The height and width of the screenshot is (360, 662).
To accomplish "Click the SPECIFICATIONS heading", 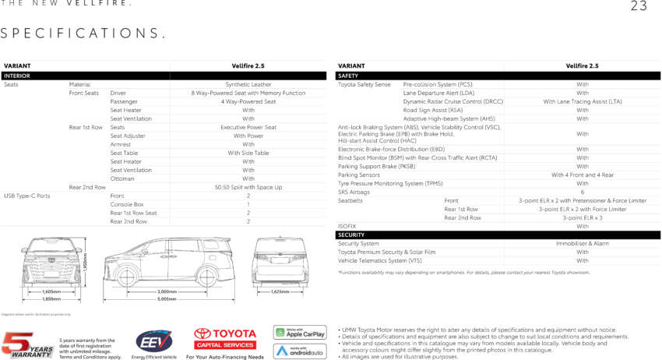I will pyautogui.click(x=83, y=33).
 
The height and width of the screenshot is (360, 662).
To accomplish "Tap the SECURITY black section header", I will pyautogui.click(x=351, y=235).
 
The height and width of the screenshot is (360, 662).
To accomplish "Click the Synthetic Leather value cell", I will pyautogui.click(x=248, y=84).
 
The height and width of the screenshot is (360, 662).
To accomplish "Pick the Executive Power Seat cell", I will pyautogui.click(x=248, y=127).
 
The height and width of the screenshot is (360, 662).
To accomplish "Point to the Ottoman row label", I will pyautogui.click(x=121, y=178).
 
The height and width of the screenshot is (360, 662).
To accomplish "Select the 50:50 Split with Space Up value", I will pyautogui.click(x=248, y=187).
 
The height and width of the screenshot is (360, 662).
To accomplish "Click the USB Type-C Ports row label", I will pyautogui.click(x=26, y=196).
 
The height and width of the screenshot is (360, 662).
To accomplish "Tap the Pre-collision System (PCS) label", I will pyautogui.click(x=438, y=84).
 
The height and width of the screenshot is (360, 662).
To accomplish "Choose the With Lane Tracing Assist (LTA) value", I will pyautogui.click(x=583, y=101).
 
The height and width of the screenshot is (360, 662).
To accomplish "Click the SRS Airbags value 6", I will pyautogui.click(x=583, y=192).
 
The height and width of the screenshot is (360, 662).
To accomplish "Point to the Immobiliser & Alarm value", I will pyautogui.click(x=583, y=243).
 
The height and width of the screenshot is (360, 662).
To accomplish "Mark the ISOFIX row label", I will pyautogui.click(x=347, y=226).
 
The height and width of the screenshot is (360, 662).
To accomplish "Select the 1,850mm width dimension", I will pyautogui.click(x=51, y=298).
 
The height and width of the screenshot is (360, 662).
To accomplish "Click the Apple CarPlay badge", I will pyautogui.click(x=300, y=333).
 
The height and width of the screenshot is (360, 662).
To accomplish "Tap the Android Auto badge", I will pyautogui.click(x=300, y=351).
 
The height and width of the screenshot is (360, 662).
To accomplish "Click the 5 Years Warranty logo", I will pyautogui.click(x=27, y=344).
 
